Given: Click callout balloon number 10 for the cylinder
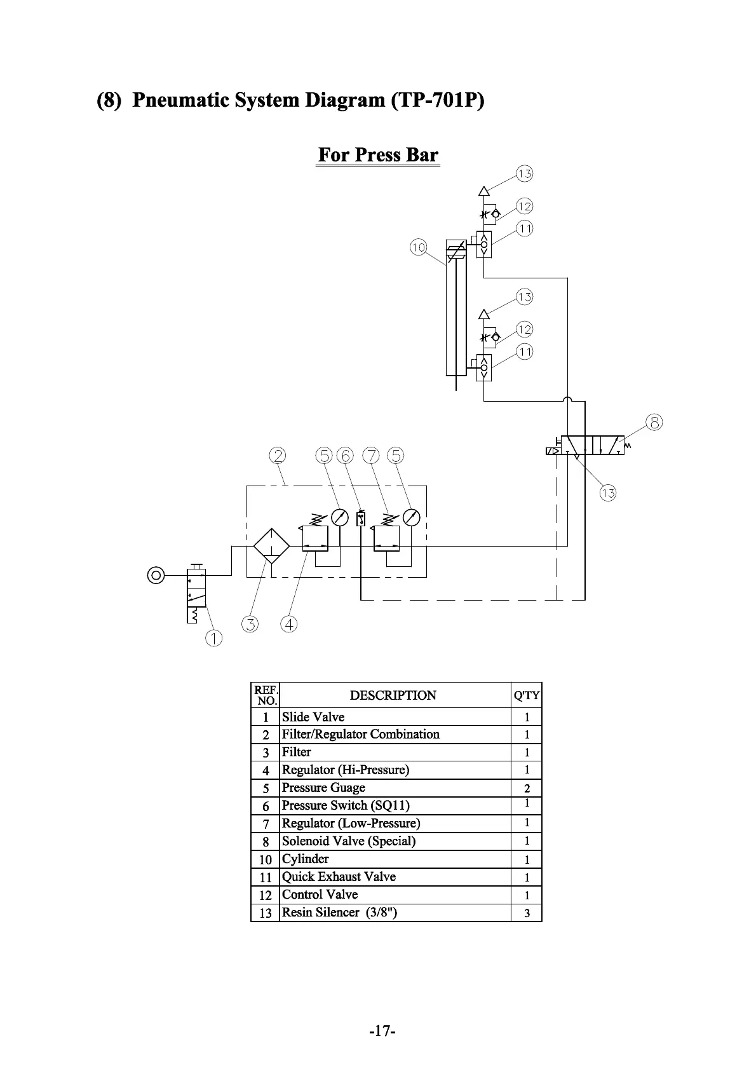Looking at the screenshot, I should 418,247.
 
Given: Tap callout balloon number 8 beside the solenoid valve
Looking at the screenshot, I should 654,422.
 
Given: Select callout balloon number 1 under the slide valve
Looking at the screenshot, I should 213,638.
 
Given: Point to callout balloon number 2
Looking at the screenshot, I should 278,456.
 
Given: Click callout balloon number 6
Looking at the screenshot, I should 345,456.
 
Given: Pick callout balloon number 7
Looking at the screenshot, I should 371,456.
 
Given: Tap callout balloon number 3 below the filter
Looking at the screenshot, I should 250,624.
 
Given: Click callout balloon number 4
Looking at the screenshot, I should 289,624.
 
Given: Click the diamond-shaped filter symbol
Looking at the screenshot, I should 271,545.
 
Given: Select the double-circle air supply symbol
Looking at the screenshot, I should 156,575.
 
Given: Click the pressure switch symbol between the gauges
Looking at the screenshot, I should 361,519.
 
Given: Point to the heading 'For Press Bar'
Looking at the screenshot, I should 378,155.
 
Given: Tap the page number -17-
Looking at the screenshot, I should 382,1030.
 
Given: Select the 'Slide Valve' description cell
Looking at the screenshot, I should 313,717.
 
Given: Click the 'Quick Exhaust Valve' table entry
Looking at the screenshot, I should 339,877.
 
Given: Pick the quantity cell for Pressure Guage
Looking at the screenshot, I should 527,789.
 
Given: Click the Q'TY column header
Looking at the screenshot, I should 527,695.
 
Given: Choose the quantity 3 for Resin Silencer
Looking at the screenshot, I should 527,913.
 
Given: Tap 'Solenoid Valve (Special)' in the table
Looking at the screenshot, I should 349,841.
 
